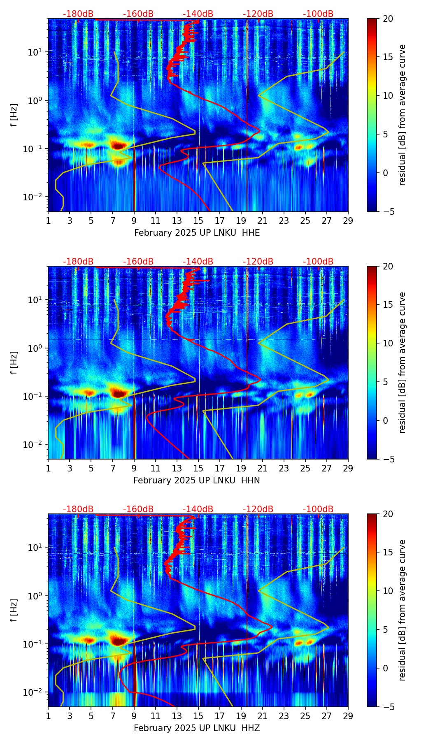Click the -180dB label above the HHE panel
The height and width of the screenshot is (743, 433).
[78, 14]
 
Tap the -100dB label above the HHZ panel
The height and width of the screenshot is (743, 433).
[318, 509]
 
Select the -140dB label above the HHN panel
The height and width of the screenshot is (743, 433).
[198, 262]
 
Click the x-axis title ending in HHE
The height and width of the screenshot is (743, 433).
[197, 233]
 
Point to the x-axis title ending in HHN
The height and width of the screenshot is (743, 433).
[197, 481]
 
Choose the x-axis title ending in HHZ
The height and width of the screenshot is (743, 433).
[197, 728]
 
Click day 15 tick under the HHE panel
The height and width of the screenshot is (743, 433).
[198, 221]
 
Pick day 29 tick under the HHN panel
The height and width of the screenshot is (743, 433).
[348, 468]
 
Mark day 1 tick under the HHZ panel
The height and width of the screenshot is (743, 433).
[49, 716]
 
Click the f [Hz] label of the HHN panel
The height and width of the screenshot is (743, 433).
[14, 362]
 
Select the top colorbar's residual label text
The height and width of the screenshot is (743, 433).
[403, 115]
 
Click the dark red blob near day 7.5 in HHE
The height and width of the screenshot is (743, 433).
[119, 145]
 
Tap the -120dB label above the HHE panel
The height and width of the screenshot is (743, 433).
[258, 14]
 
